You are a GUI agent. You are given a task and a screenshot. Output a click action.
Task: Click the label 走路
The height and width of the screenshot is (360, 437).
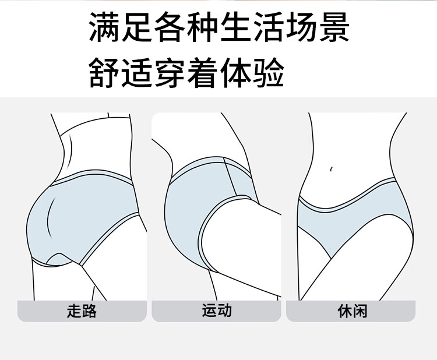pyautogui.click(x=82, y=311)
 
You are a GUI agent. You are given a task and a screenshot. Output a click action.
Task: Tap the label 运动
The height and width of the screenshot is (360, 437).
pyautogui.click(x=217, y=310)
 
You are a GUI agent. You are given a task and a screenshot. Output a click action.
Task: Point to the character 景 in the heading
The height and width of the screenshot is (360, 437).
pyautogui.click(x=332, y=27)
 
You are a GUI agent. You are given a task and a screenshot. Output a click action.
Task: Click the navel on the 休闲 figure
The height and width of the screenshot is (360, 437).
pyautogui.click(x=332, y=170)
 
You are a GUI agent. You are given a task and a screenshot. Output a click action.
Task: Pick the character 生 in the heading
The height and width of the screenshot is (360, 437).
pyautogui.click(x=235, y=27)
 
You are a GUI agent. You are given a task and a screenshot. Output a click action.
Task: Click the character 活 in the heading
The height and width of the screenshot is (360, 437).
pyautogui.click(x=267, y=27)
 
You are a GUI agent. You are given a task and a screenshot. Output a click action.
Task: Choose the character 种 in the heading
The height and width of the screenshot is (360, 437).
pyautogui.click(x=202, y=27)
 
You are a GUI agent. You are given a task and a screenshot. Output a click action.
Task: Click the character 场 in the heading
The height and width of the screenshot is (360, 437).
pyautogui.click(x=300, y=27)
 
